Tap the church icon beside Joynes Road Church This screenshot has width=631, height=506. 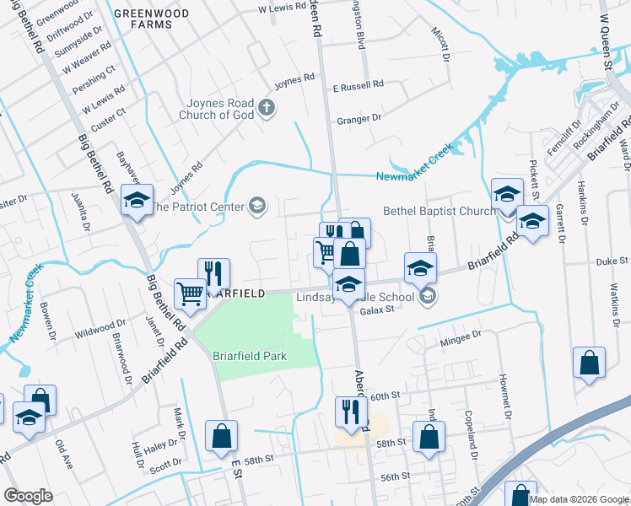point(267,107)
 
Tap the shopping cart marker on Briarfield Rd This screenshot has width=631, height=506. point(190,293)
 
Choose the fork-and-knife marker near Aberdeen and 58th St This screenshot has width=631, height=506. point(350,412)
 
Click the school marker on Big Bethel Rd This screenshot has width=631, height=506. point(137,201)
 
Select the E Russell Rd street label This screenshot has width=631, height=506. point(358,85)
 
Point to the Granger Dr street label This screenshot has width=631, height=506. point(359,120)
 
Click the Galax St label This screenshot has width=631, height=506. point(377,310)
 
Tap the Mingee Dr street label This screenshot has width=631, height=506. point(461,334)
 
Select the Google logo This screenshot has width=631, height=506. point(28,496)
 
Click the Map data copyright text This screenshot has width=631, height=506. point(579,498)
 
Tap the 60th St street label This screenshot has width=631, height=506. point(383,396)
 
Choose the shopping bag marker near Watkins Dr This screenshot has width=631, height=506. point(589,363)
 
